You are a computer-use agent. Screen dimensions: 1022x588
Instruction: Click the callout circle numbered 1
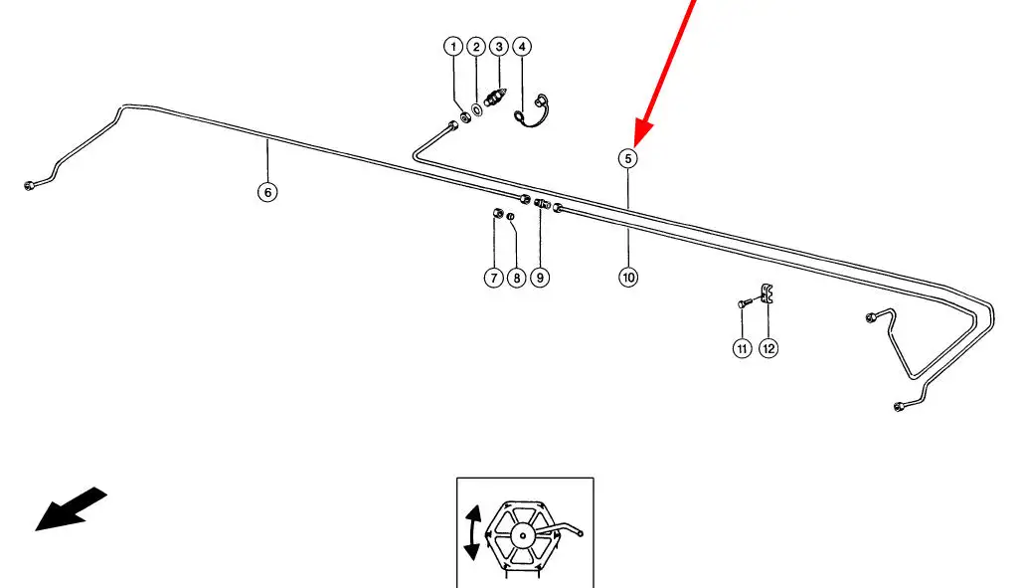click(x=453, y=47)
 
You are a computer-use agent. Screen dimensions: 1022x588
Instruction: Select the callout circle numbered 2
click(x=476, y=47)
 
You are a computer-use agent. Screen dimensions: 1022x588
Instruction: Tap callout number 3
click(x=499, y=47)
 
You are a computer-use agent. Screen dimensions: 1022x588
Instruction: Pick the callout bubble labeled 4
click(x=522, y=47)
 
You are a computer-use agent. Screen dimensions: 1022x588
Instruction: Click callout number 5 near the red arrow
click(x=628, y=157)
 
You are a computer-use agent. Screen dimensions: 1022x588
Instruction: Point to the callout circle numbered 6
click(x=267, y=192)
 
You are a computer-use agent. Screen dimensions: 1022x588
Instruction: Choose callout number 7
click(x=494, y=279)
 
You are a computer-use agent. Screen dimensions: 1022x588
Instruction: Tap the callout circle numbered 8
click(x=516, y=279)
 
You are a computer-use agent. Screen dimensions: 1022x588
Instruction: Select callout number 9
click(x=540, y=279)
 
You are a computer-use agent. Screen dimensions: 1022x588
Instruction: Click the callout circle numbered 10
click(x=628, y=279)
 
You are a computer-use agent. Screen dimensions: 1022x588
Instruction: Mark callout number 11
click(x=743, y=348)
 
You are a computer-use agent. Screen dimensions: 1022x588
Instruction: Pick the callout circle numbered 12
click(x=768, y=348)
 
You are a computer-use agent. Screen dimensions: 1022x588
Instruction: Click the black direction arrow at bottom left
click(x=70, y=508)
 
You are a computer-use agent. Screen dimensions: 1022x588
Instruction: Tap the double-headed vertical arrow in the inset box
click(x=473, y=535)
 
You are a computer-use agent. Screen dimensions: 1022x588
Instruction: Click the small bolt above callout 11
click(x=743, y=302)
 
